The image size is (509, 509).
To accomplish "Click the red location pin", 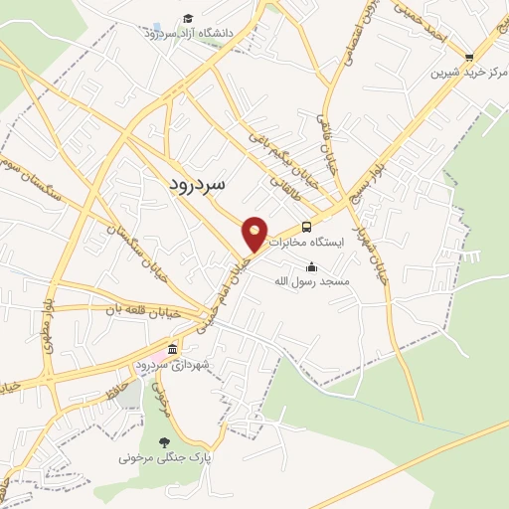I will pyautogui.click(x=255, y=235).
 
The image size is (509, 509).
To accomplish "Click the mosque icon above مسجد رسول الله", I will pyautogui.click(x=312, y=265).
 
